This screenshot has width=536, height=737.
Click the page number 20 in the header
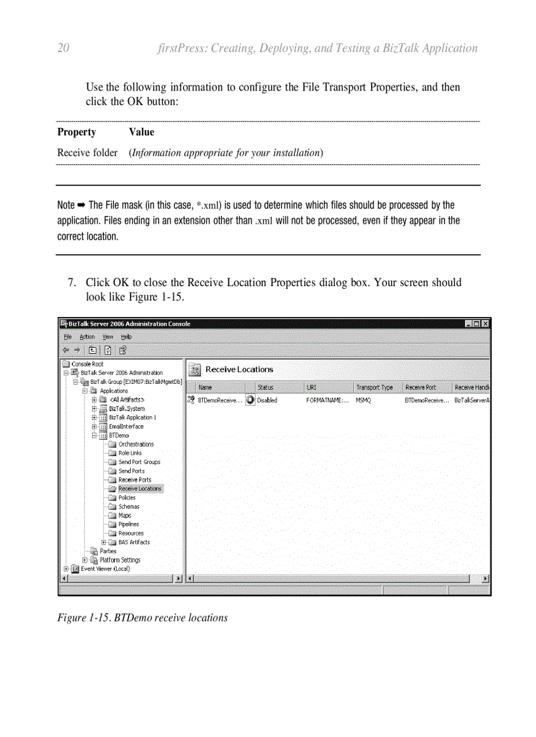coord(64,49)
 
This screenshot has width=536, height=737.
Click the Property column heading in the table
coord(76,133)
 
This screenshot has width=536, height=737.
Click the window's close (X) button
coord(485,324)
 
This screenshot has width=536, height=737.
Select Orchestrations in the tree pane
coord(135,444)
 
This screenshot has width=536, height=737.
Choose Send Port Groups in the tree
coord(139,462)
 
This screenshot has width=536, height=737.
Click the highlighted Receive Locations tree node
coord(139,489)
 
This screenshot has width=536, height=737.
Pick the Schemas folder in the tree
coord(129,507)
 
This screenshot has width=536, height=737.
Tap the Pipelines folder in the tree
coord(129,524)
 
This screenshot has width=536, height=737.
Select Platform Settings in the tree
coord(120,560)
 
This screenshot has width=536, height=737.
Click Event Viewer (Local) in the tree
coord(105,569)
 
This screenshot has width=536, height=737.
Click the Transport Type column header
coord(374,388)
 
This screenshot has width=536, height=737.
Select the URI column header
coord(311,388)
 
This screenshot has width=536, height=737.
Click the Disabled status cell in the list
coord(267,400)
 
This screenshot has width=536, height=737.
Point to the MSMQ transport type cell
coord(363,400)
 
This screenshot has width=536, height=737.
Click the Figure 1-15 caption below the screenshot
coord(143,618)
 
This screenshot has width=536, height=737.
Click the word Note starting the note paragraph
coord(66,205)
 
